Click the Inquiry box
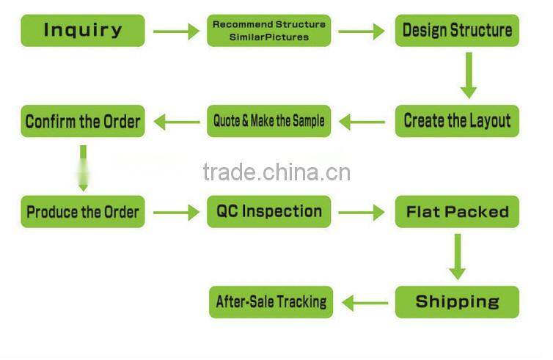coord(83,31)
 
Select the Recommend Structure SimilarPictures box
coord(269,31)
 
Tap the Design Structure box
coord(457,31)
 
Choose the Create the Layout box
coord(457,121)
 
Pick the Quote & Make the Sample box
coord(269,121)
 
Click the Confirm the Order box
coord(83,121)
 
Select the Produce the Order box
coord(83,212)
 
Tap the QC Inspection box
coord(269,212)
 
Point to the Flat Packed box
coord(457,212)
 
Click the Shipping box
coord(457,301)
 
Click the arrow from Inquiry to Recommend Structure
coord(176,32)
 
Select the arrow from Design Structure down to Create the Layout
coord(468,76)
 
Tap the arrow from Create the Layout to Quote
coord(362,122)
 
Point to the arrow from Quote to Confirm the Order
coord(177,122)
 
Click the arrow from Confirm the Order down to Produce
coord(83,166)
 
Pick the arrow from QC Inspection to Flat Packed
coord(362,213)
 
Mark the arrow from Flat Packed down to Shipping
coord(457,257)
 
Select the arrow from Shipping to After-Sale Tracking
coord(365,302)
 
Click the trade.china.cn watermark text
coord(276,173)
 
